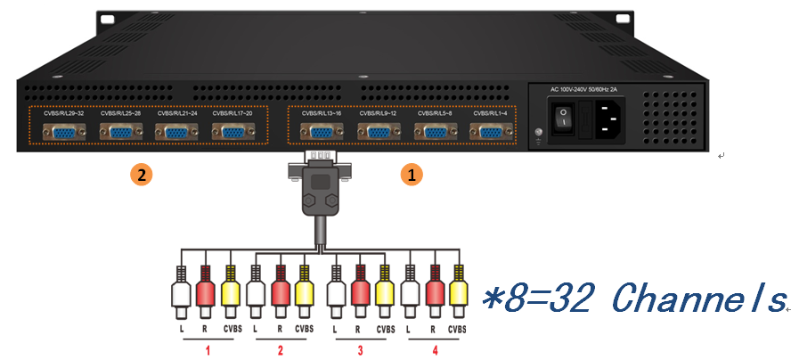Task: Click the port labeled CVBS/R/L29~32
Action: tap(63, 132)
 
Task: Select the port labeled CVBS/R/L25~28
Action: tap(119, 132)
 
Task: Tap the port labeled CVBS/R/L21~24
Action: tap(176, 132)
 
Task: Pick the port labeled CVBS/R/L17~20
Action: tap(232, 132)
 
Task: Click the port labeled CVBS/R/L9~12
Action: tap(378, 132)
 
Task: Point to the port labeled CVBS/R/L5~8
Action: tap(435, 132)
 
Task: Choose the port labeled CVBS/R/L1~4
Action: tap(491, 132)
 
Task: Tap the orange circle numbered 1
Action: tap(410, 175)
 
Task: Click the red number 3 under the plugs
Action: tap(360, 350)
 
